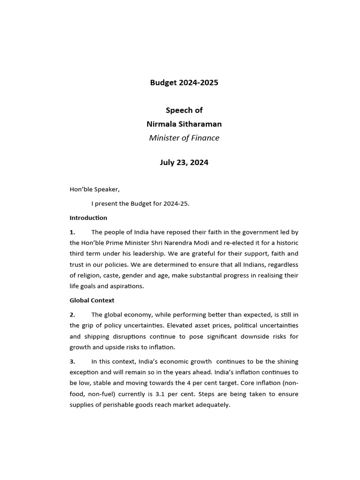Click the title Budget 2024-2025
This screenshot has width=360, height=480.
click(x=184, y=83)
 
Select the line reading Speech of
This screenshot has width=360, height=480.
click(x=184, y=110)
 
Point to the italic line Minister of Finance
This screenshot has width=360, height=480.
click(x=184, y=138)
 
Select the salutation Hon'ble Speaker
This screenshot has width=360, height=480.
click(x=95, y=189)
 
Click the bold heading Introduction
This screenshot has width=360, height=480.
click(x=88, y=218)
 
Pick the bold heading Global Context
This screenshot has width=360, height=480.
click(x=92, y=300)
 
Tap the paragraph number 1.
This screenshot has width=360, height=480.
click(x=72, y=232)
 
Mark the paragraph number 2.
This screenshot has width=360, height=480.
click(x=72, y=315)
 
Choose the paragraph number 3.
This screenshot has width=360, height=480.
click(x=72, y=361)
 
